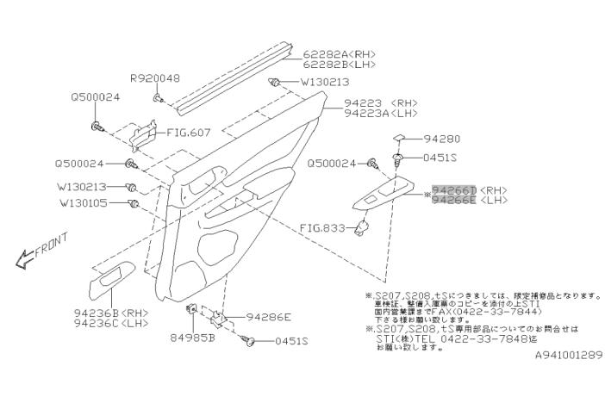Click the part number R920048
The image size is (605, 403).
155,78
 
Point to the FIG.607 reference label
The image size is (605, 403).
188,133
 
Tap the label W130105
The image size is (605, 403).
83,204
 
